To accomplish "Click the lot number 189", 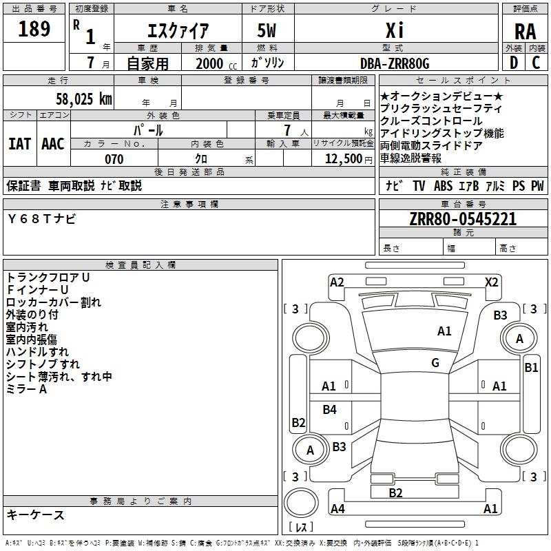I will click(x=34, y=30).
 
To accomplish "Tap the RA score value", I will click(x=525, y=31).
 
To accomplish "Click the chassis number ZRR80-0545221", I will click(x=463, y=220).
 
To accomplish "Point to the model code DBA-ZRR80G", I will click(x=395, y=63).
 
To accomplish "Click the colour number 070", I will click(x=114, y=159).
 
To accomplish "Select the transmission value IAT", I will click(x=19, y=144).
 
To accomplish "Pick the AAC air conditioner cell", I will click(x=53, y=144).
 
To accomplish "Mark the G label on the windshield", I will click(x=435, y=363).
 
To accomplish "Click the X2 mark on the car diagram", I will click(x=492, y=282).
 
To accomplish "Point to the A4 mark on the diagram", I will click(x=337, y=509).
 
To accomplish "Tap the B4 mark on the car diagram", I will click(x=330, y=410).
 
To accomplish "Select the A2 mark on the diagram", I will click(x=337, y=282).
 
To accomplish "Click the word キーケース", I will click(x=36, y=515).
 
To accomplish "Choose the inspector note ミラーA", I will click(x=27, y=389).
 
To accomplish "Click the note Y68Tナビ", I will click(x=42, y=219).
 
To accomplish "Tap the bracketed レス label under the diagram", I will click(x=301, y=528).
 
